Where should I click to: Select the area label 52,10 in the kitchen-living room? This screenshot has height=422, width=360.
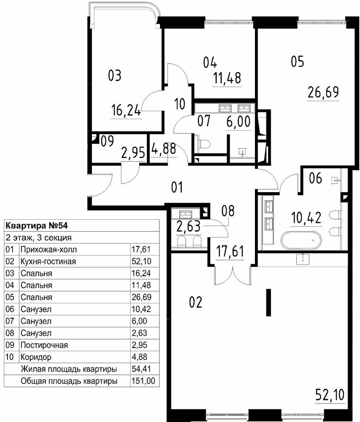coord(330,395)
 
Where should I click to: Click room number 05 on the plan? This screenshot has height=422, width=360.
coord(297,61)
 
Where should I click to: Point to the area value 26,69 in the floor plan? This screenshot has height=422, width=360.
coord(323,92)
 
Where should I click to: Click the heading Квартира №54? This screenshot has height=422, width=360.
coord(36,226)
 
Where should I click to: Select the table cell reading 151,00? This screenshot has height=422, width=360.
coord(143,381)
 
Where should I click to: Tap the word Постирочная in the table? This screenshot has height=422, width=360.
coord(44,345)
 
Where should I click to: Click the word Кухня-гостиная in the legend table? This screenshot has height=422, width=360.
coord(48,261)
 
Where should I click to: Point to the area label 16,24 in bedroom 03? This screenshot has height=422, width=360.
coord(126,110)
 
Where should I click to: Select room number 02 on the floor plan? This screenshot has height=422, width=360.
coord(196,302)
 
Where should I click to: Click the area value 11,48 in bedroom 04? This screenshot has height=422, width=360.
coord(227,78)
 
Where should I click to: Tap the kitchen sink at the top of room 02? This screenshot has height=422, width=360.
coord(303,259)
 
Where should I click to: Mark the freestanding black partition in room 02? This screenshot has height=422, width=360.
coord(268,302)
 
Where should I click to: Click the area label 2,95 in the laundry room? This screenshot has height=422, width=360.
coord(133,153)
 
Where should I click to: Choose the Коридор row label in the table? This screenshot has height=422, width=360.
coord(36,357)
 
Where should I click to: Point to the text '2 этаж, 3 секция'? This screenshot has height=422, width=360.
coord(39,238)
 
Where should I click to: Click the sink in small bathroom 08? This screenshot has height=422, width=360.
coord(185,214)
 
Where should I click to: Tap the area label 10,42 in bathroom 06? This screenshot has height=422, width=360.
coord(306,218)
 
